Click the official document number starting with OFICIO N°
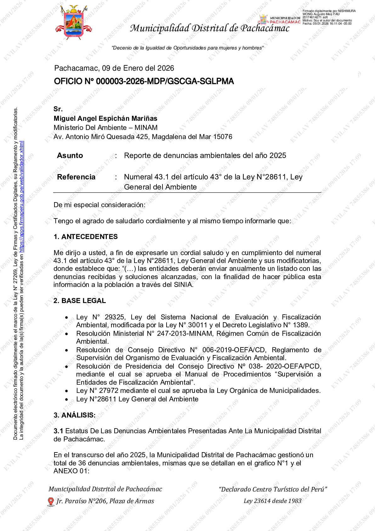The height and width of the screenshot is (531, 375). (144, 81)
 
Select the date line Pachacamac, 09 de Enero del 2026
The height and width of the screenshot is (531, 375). (114, 68)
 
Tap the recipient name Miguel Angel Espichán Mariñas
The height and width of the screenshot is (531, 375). (105, 118)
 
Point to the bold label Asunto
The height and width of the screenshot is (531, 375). (70, 155)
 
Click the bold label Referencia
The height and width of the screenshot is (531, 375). (76, 177)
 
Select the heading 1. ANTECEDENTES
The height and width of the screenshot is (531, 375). (85, 237)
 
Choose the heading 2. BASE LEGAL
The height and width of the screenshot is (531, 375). (79, 301)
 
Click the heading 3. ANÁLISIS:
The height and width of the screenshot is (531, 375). (74, 415)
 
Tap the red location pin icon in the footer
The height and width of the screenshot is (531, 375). (51, 501)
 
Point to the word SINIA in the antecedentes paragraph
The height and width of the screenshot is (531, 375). (183, 285)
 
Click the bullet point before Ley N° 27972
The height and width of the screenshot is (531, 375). (66, 391)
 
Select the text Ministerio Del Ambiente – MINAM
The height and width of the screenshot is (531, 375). (105, 128)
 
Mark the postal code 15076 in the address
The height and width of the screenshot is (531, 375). (222, 137)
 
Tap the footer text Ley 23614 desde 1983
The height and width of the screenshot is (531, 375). (272, 501)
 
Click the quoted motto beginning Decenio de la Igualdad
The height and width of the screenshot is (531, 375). (188, 48)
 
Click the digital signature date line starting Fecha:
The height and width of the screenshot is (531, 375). (327, 24)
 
